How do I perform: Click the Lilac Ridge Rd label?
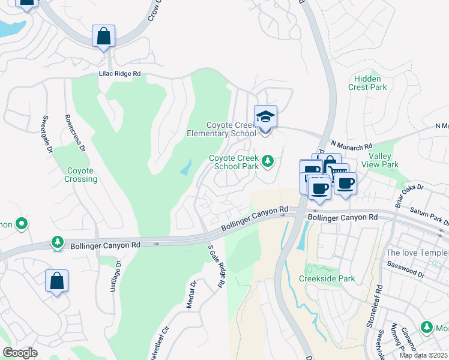[x=119, y=74]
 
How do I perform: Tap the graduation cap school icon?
[x=265, y=117]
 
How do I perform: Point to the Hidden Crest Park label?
[x=367, y=83]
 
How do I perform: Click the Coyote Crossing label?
[x=80, y=175]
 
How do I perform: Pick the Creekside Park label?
[x=327, y=278]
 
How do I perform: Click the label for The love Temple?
[x=417, y=253]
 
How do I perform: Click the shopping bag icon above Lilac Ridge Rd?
[x=103, y=36]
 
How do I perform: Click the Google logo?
[x=20, y=352]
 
